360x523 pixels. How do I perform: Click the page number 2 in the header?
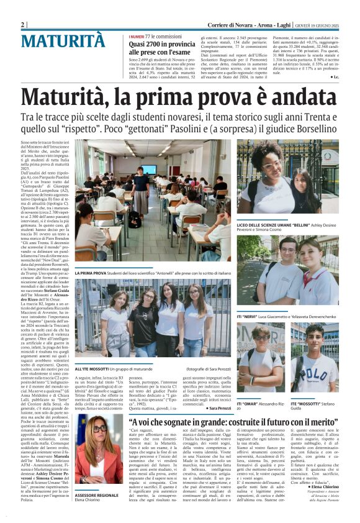(x=24, y=24)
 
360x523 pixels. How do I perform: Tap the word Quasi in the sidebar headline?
(x=139, y=45)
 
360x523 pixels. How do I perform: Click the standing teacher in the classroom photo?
(x=142, y=187)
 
